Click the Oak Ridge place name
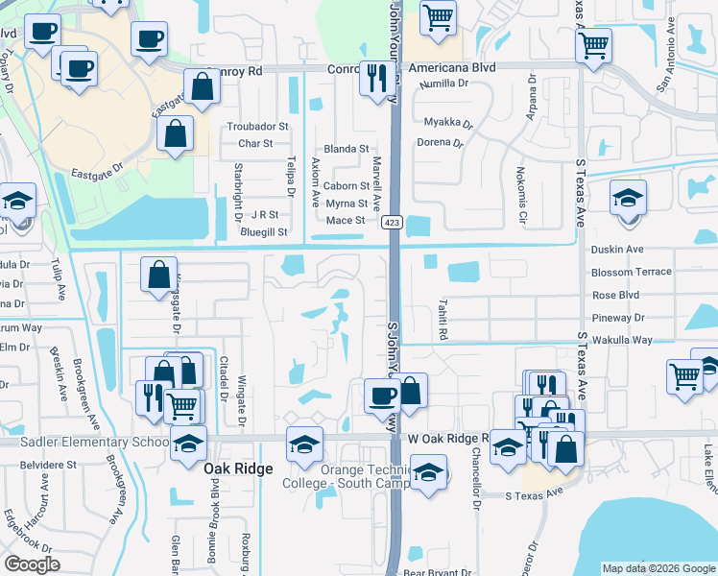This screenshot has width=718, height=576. pos(238,468)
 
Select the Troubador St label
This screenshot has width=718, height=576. pos(257,127)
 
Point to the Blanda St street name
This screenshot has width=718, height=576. pos(347,149)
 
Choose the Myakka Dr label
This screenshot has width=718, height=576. pos(449,123)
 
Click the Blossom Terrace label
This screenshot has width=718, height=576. pos(632,273)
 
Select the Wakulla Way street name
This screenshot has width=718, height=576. pos(623,340)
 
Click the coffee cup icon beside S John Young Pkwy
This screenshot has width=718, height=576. pos(383,395)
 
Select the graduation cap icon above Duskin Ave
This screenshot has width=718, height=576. pos(629,198)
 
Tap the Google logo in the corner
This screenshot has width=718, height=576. pos(32,564)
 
